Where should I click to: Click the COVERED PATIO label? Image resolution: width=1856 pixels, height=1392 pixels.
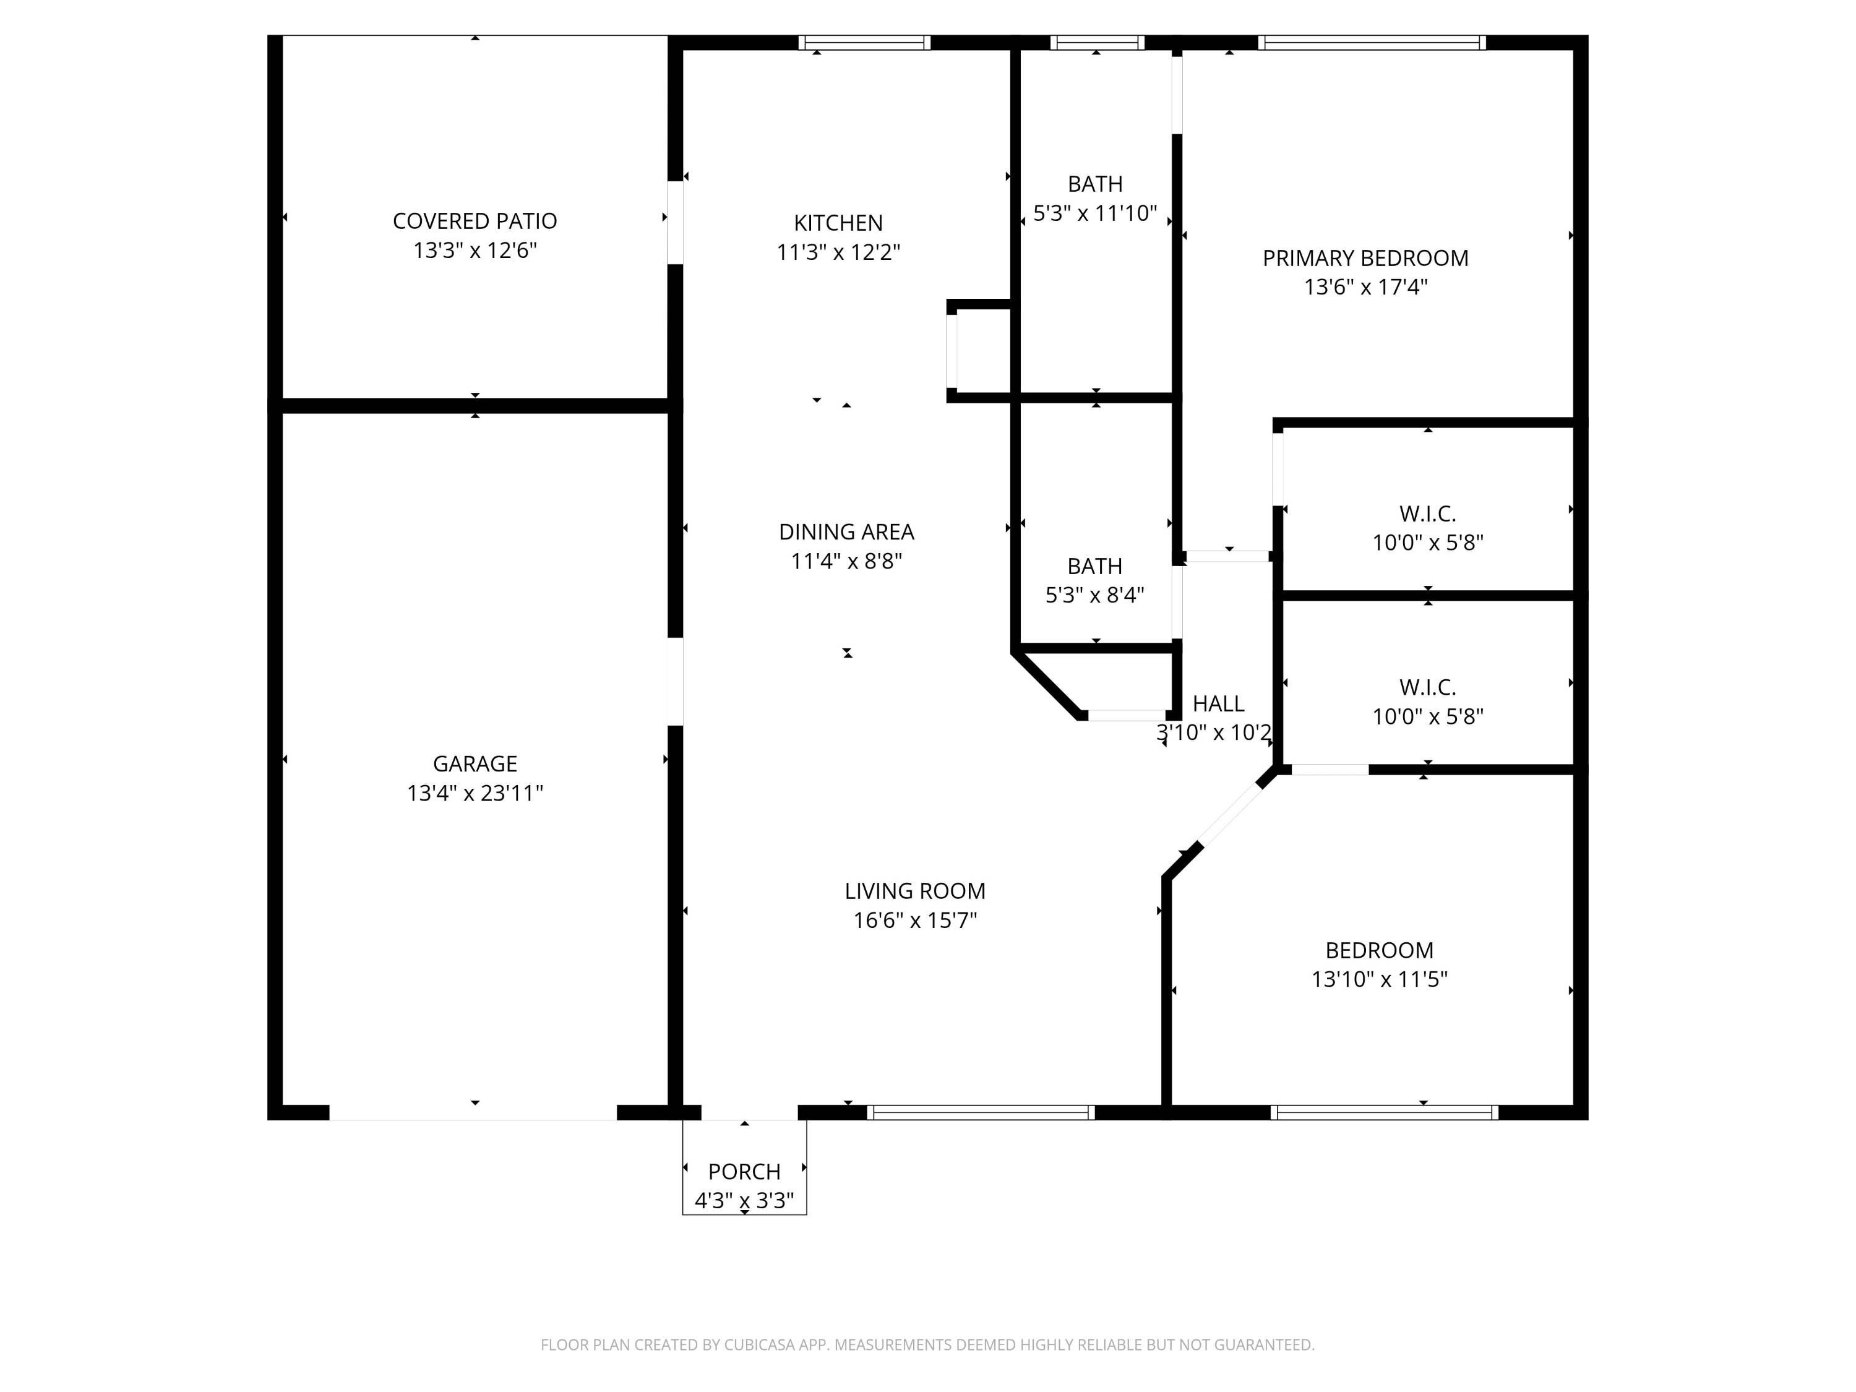pos(475,221)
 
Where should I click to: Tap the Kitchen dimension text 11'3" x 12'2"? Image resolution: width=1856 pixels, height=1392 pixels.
pos(838,252)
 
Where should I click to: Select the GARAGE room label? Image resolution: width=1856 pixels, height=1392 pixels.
pos(475,763)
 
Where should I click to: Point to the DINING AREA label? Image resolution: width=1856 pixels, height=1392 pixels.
pos(846,532)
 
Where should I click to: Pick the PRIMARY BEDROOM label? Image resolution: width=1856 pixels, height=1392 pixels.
pos(1366,259)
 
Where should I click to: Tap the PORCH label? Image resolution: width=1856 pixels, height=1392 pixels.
pos(744,1171)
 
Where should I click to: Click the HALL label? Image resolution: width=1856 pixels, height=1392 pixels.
pos(1218,704)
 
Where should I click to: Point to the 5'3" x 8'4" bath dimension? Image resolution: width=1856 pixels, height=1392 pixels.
pos(1095,595)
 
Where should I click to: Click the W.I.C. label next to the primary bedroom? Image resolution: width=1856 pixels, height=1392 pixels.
pos(1428,513)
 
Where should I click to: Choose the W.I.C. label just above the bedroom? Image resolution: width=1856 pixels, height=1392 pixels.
pos(1428,688)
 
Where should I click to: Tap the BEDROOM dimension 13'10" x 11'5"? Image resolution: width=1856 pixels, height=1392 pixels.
pos(1380,979)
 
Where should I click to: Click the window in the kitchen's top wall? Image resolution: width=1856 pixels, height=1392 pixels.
pos(864,43)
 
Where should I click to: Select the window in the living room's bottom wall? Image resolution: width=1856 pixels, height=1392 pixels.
pos(981,1112)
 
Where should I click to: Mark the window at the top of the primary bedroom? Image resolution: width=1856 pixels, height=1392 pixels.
pos(1372,43)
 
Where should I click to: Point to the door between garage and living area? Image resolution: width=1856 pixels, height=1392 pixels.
pos(674,681)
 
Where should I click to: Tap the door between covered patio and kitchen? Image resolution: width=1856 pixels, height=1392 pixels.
pos(674,222)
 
